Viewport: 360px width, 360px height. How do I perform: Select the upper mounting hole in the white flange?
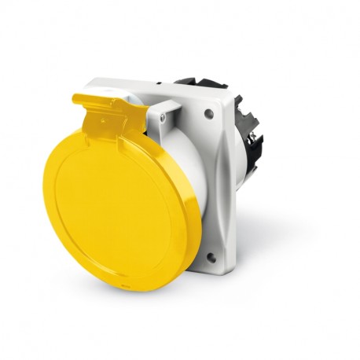tap(208, 114)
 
